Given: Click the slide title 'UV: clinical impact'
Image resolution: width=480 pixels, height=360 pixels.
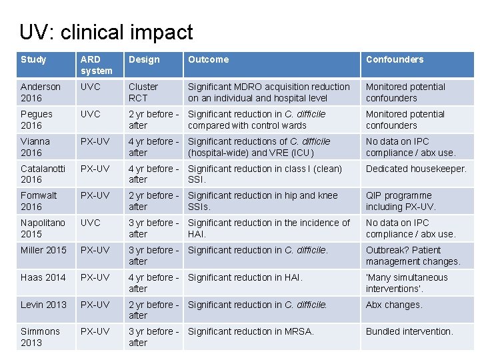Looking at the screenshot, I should [x=106, y=32].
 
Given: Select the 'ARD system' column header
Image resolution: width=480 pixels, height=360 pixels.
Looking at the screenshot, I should [x=97, y=65].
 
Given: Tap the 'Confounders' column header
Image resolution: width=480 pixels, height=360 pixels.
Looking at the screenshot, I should [x=394, y=59].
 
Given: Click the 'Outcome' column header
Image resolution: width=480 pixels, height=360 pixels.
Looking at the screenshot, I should [x=208, y=59].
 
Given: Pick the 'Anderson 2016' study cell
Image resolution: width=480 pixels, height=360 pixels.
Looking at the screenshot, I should [x=41, y=92].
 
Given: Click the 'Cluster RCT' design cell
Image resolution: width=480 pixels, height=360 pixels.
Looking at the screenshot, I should [x=143, y=92].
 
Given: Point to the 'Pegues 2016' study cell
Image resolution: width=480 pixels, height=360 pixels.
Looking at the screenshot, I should [x=37, y=119].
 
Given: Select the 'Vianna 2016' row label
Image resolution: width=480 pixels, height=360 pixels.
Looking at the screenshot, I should [x=35, y=147].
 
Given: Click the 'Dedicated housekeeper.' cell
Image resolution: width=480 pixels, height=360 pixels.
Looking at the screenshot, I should [x=415, y=169].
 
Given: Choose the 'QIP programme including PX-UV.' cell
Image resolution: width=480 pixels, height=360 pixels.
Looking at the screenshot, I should [x=401, y=201].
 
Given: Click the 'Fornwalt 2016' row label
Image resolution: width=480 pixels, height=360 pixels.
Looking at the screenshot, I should [x=39, y=201].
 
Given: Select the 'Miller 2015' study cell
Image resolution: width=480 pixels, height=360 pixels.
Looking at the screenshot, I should [x=43, y=250].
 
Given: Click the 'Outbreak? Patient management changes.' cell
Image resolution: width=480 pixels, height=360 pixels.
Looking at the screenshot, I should [x=413, y=256].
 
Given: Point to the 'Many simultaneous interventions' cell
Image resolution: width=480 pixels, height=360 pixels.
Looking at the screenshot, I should [x=407, y=283].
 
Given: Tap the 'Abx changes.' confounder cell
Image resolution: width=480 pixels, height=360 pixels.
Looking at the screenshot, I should [x=394, y=305].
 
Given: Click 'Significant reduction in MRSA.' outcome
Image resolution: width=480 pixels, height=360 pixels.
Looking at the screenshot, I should [x=251, y=331].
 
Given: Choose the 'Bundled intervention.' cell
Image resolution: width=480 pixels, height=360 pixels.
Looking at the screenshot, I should [x=409, y=331].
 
